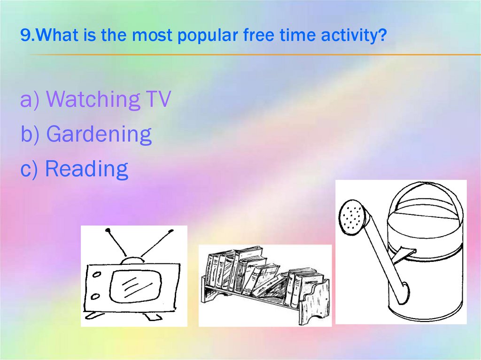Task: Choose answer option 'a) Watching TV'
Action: [x=95, y=99]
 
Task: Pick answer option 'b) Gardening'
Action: [x=86, y=134]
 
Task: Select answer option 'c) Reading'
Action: [x=74, y=169]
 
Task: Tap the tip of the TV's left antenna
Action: [x=108, y=230]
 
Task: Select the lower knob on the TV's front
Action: [x=95, y=296]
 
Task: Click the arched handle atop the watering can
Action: [x=425, y=192]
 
